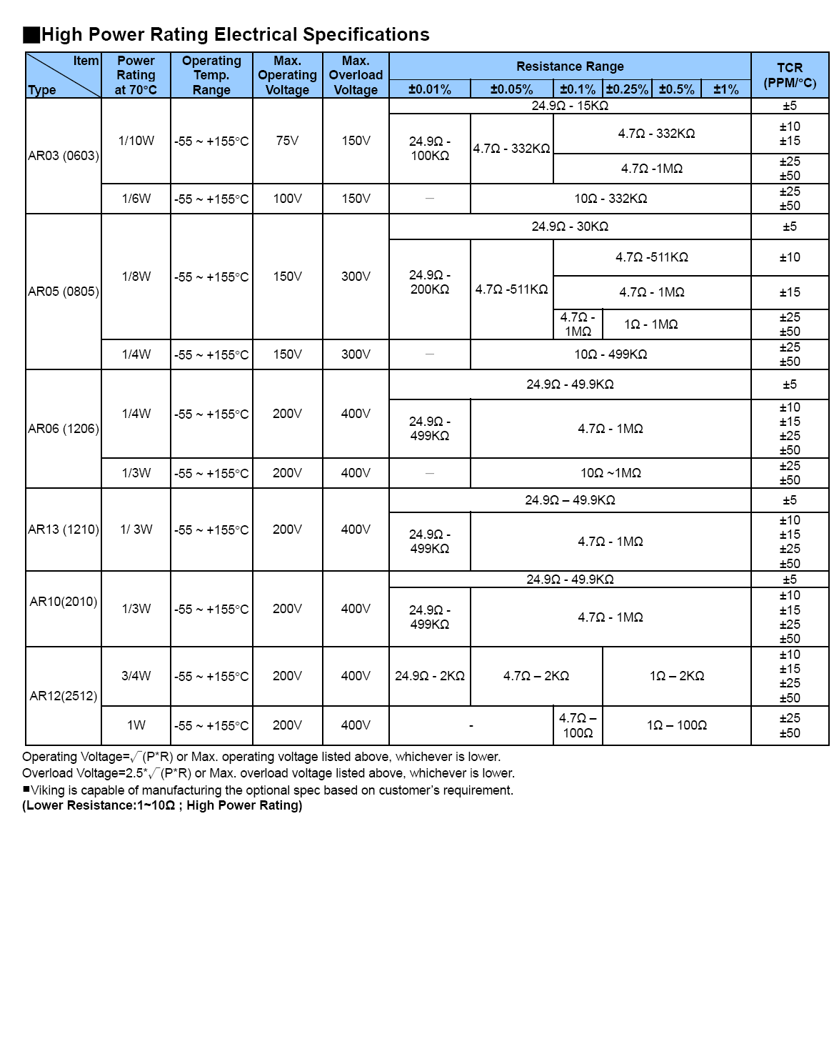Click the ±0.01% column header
[x=430, y=89]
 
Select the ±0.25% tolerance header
[x=627, y=89]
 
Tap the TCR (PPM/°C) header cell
[x=790, y=75]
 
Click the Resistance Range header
[x=570, y=66]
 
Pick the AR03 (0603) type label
[x=64, y=156]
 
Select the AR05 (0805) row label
[x=64, y=292]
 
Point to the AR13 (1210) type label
[x=64, y=530]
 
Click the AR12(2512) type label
[x=64, y=696]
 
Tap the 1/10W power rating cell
[x=136, y=141]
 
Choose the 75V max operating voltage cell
[x=287, y=141]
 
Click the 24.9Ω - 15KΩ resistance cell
[x=570, y=106]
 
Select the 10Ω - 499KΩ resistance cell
[x=611, y=354]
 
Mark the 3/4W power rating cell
[x=136, y=676]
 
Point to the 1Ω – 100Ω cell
[x=677, y=725]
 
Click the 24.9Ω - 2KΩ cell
[x=430, y=676]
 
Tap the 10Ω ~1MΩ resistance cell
[x=611, y=473]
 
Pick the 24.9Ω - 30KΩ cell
[x=570, y=227]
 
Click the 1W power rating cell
[x=136, y=725]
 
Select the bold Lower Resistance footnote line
[x=162, y=805]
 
